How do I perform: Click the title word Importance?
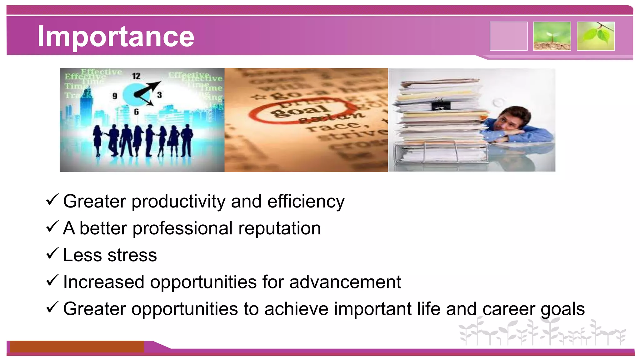click(x=116, y=37)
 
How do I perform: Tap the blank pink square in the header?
click(x=508, y=36)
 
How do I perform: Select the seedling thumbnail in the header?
click(x=552, y=36)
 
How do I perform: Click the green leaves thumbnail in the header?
click(x=596, y=36)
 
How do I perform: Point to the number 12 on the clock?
click(x=136, y=76)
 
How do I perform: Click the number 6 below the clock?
click(x=136, y=112)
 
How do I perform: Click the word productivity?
click(x=178, y=202)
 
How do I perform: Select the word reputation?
click(x=279, y=229)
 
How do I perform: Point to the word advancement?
click(x=345, y=282)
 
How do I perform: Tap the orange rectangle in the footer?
click(x=77, y=347)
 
